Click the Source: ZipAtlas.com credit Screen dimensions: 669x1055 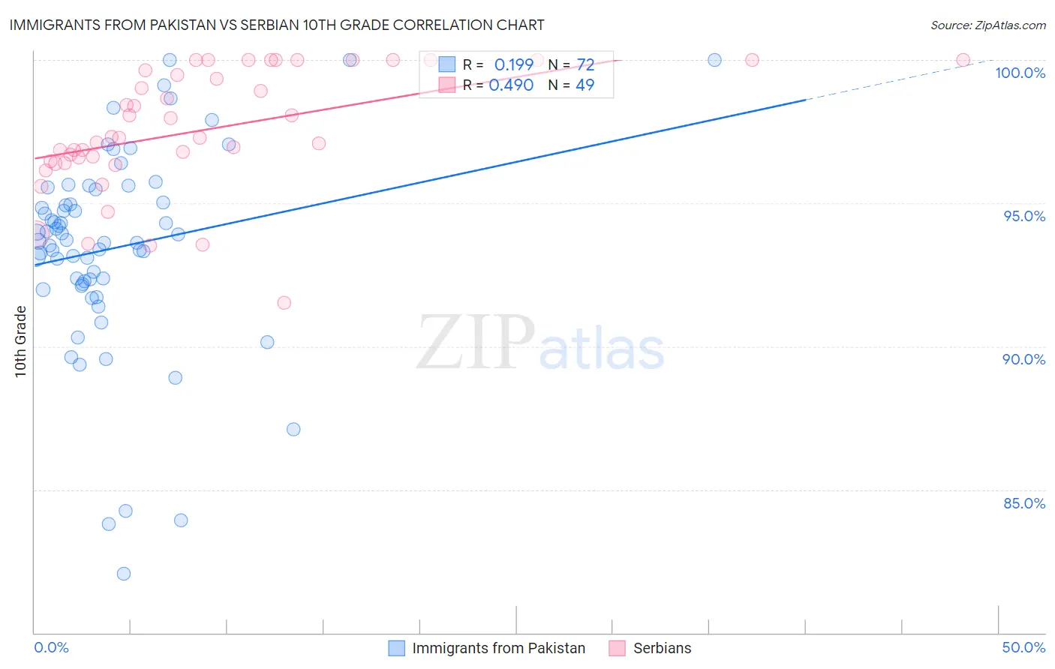987,25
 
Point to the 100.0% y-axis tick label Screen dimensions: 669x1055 1020,73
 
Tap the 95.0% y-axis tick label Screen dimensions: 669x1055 1024,216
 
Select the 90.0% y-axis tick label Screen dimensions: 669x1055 1024,359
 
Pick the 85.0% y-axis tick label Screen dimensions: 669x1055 1024,503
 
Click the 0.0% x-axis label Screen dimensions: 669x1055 51,647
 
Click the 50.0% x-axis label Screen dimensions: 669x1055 1023,647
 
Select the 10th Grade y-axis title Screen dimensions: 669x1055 21,341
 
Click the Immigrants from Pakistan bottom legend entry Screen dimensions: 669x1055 498,648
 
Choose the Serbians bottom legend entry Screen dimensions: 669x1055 662,648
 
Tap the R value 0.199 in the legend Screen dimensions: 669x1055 514,65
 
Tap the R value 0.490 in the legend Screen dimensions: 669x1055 511,85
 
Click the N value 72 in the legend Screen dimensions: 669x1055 585,65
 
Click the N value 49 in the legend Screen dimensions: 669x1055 585,85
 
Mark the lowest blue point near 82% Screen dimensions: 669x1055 124,574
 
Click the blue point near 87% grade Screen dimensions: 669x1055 293,429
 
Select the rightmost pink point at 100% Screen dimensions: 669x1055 963,60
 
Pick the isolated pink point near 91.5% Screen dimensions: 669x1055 284,303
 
